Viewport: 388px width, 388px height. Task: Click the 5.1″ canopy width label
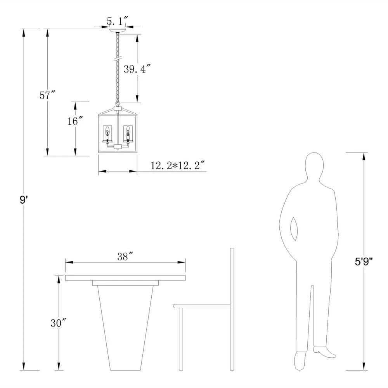[118, 21]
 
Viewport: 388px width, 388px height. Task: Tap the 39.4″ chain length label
[137, 69]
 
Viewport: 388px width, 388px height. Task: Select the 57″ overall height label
[47, 95]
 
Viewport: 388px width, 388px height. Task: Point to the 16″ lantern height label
[75, 121]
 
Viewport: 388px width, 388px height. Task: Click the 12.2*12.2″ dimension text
[178, 165]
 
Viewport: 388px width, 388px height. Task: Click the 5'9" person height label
[364, 262]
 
